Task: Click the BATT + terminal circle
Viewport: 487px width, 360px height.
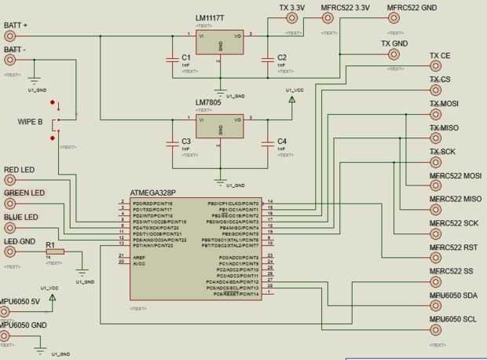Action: pyautogui.click(x=9, y=36)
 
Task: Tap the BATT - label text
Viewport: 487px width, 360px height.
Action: pyautogui.click(x=15, y=50)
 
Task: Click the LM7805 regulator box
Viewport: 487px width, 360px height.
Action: pyautogui.click(x=220, y=127)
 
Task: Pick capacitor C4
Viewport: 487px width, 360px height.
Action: pyautogui.click(x=268, y=142)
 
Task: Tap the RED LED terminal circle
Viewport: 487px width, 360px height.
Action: pyautogui.click(x=9, y=181)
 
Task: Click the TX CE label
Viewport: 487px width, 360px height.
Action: pyautogui.click(x=440, y=56)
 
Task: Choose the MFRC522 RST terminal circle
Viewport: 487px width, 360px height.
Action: pyautogui.click(x=436, y=258)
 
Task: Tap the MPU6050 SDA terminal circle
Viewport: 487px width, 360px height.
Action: pyautogui.click(x=436, y=307)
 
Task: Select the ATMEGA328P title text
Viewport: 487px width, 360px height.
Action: pyautogui.click(x=154, y=192)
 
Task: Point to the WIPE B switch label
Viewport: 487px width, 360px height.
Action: pyautogui.click(x=30, y=122)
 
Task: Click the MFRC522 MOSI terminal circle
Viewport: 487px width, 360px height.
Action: pyautogui.click(x=436, y=186)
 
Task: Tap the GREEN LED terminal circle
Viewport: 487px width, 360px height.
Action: pyautogui.click(x=9, y=204)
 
